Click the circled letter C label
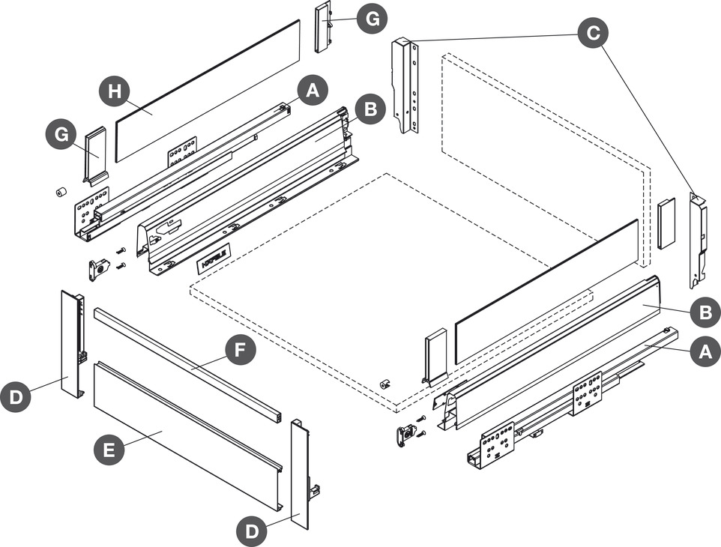point(592,33)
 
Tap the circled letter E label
point(109,450)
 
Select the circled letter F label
point(241,351)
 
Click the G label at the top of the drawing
point(372,18)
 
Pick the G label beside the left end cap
point(61,136)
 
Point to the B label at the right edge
point(705,312)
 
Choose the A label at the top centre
point(313,91)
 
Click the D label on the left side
point(16,396)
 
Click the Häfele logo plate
point(213,260)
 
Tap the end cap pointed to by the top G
point(322,28)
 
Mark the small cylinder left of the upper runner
point(60,192)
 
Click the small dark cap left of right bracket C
point(666,224)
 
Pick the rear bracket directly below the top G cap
point(405,85)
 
